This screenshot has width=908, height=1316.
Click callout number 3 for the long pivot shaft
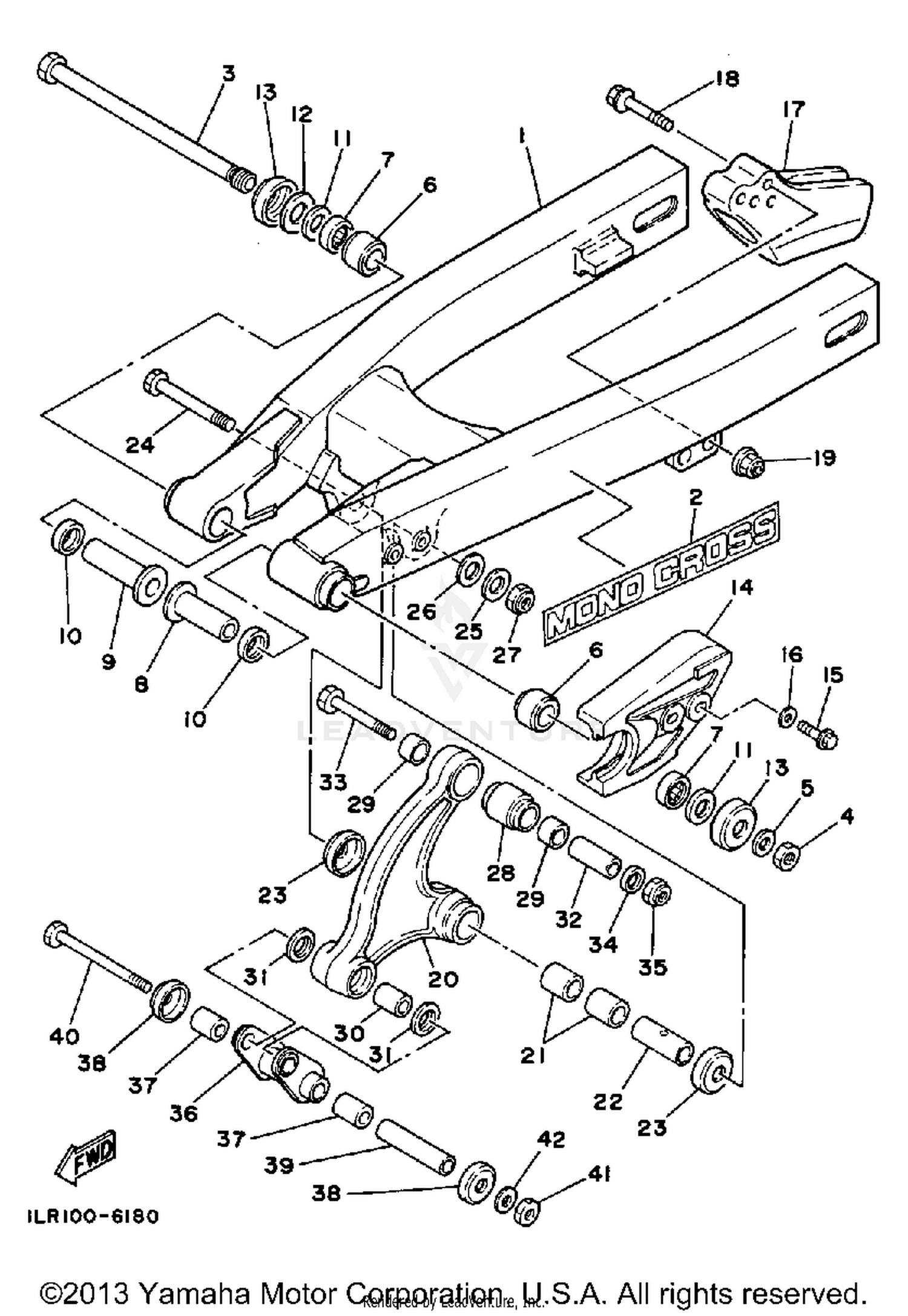(228, 74)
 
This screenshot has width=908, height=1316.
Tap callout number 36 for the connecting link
(183, 1113)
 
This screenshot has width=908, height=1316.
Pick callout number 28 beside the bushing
(501, 873)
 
